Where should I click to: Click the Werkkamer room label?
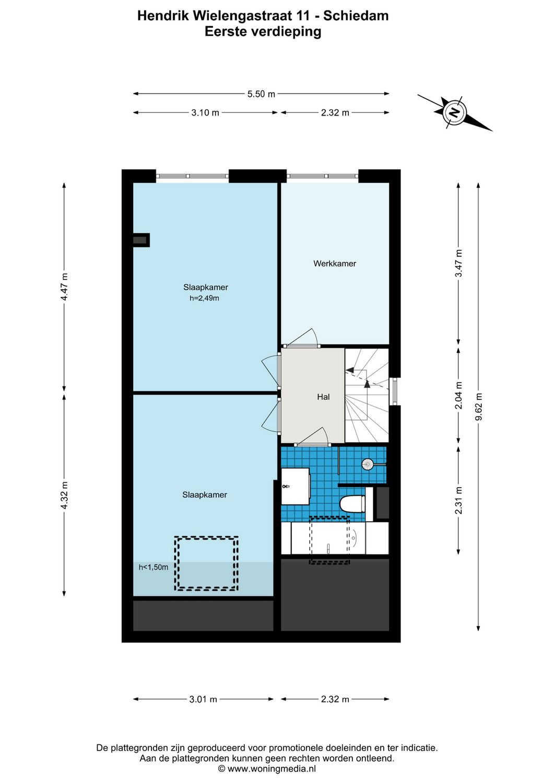tap(334, 263)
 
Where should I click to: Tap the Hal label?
tap(323, 397)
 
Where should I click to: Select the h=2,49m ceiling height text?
tap(204, 298)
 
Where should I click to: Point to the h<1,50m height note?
tap(154, 567)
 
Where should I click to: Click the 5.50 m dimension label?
tap(261, 94)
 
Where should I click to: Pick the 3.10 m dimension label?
tap(205, 112)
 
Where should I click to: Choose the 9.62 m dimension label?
tap(479, 406)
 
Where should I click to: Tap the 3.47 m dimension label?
tap(458, 263)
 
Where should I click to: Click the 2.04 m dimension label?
tap(458, 395)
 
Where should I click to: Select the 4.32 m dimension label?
tap(64, 494)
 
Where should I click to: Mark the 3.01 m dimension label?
tap(203, 699)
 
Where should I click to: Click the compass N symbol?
tap(455, 112)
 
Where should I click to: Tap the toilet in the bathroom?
tap(352, 504)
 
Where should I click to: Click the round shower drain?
tap(368, 464)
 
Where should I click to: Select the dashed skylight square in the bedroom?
tap(206, 563)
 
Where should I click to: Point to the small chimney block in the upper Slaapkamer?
tap(140, 240)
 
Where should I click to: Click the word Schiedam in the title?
tap(356, 16)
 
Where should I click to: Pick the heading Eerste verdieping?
tap(263, 31)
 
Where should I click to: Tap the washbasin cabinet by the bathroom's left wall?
tap(295, 486)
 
